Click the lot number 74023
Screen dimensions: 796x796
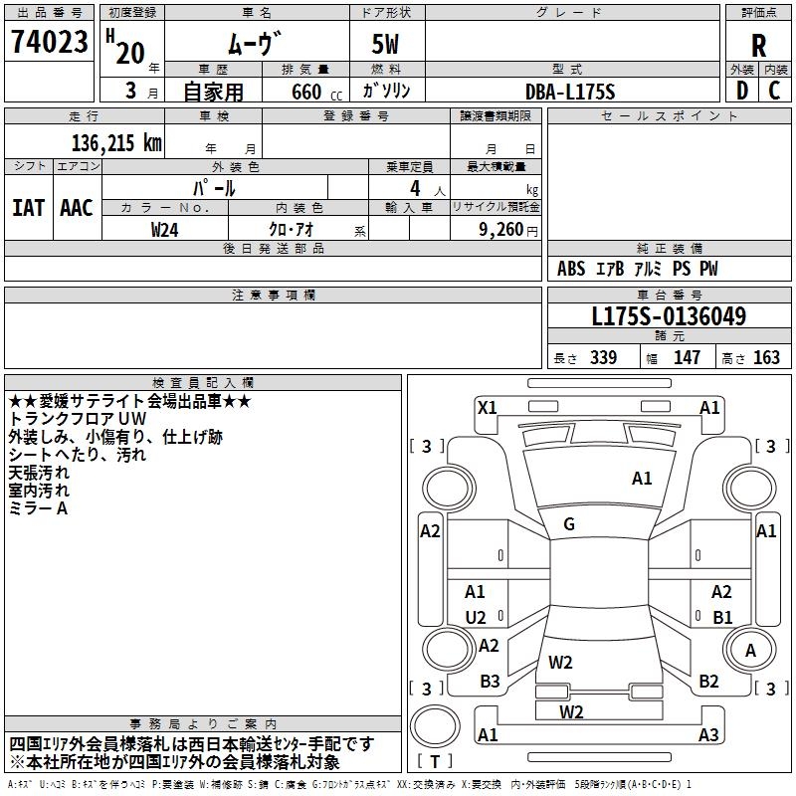click(50, 42)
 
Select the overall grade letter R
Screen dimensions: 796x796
click(758, 46)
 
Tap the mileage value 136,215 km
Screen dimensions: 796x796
click(116, 142)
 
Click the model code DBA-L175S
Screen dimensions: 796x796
click(570, 92)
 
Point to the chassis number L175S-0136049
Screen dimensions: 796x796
click(669, 316)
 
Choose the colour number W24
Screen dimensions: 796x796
click(164, 230)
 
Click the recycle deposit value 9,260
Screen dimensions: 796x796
click(501, 230)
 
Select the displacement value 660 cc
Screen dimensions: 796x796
click(316, 92)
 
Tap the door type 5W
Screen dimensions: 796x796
click(385, 44)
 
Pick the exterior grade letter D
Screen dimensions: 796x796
click(742, 91)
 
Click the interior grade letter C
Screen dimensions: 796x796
click(774, 91)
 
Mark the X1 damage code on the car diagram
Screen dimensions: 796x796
click(488, 407)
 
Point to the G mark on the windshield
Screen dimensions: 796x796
click(569, 524)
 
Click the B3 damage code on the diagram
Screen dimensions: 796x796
click(490, 682)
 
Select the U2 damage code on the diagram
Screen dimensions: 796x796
click(476, 617)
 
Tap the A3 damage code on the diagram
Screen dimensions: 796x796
click(708, 734)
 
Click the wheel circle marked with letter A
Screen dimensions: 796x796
click(750, 650)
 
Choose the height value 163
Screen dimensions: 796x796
click(766, 357)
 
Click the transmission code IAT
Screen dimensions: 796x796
click(29, 208)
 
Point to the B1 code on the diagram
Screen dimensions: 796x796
click(722, 617)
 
